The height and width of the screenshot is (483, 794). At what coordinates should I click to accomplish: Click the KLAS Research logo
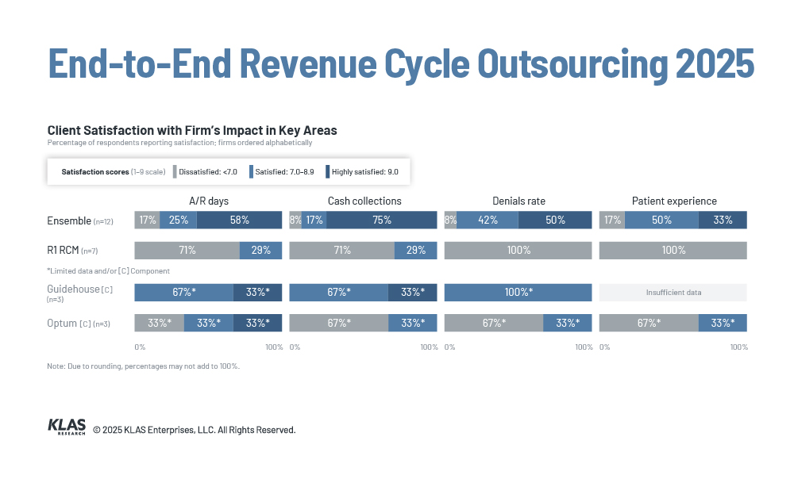pyautogui.click(x=67, y=427)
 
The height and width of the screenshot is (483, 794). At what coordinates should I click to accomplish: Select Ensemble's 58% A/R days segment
pyautogui.click(x=239, y=220)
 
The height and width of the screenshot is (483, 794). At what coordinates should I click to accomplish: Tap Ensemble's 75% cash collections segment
pyautogui.click(x=381, y=220)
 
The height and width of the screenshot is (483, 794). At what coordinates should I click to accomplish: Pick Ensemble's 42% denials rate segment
pyautogui.click(x=488, y=220)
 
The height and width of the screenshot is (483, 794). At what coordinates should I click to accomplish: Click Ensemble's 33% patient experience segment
pyautogui.click(x=723, y=220)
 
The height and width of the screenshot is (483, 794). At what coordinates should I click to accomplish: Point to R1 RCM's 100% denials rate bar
pyautogui.click(x=518, y=251)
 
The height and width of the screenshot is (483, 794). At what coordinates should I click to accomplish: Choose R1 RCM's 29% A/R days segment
pyautogui.click(x=260, y=251)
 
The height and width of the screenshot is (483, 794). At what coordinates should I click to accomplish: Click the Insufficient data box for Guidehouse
pyautogui.click(x=673, y=293)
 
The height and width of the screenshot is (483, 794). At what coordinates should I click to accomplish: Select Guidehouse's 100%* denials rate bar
pyautogui.click(x=518, y=293)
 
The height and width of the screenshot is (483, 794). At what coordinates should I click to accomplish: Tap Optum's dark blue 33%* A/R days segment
pyautogui.click(x=258, y=323)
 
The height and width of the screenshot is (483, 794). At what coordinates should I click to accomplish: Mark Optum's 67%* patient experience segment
pyautogui.click(x=649, y=323)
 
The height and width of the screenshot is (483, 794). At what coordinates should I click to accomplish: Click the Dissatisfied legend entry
pyautogui.click(x=205, y=172)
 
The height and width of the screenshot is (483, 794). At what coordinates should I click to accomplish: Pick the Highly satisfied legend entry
pyautogui.click(x=362, y=172)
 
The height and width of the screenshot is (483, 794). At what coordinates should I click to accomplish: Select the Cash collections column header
pyautogui.click(x=364, y=201)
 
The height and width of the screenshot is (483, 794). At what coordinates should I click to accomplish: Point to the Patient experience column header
pyautogui.click(x=674, y=201)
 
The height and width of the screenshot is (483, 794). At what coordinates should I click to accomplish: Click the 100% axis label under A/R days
pyautogui.click(x=274, y=347)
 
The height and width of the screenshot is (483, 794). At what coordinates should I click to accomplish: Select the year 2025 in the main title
pyautogui.click(x=715, y=63)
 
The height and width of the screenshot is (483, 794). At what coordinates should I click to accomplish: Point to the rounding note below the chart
pyautogui.click(x=143, y=366)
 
